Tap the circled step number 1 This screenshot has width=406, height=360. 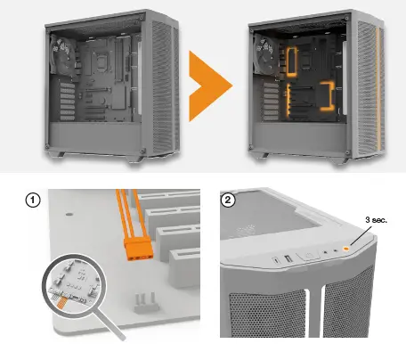(x=33, y=200)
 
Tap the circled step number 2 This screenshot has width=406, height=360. (x=231, y=200)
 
